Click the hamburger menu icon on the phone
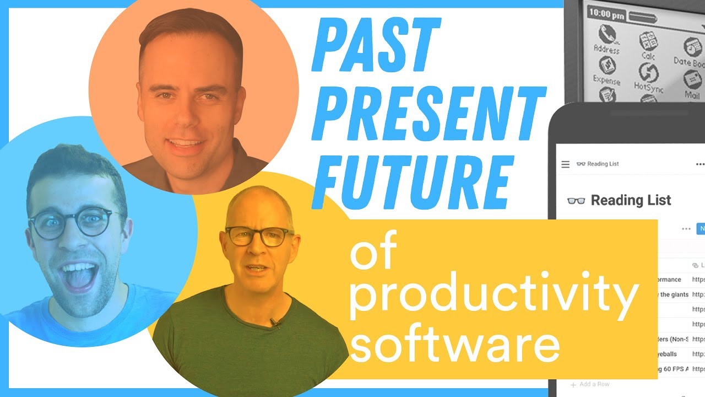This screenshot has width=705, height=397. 565,164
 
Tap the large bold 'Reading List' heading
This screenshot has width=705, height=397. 631,200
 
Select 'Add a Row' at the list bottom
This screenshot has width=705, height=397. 594,384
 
